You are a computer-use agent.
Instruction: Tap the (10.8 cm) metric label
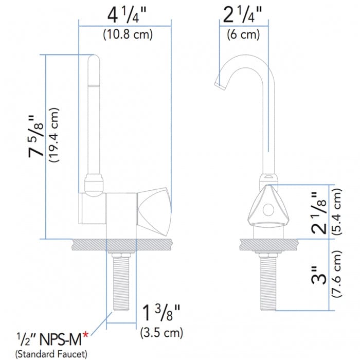(x=124, y=35)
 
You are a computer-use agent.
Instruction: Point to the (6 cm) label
(x=243, y=35)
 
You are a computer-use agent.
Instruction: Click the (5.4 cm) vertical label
(x=337, y=211)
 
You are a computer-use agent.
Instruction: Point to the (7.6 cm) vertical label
(x=337, y=279)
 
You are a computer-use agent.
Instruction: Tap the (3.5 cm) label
(x=161, y=333)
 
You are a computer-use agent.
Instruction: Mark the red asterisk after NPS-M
(x=85, y=335)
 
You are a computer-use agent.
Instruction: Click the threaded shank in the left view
(x=121, y=283)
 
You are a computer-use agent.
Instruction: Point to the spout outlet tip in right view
(x=219, y=83)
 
